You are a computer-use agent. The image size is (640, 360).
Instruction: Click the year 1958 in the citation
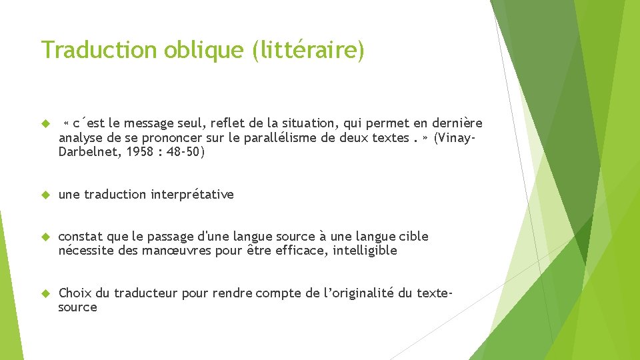coord(135,152)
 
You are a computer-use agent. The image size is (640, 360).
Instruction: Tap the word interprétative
coord(193,195)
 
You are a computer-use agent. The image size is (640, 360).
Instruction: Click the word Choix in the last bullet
coord(75,293)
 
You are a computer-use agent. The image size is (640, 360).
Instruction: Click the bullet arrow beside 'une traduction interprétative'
coord(45,195)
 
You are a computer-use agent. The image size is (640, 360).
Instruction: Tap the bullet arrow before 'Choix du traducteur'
coord(45,293)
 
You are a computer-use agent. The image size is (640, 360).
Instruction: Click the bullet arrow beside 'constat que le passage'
coord(45,237)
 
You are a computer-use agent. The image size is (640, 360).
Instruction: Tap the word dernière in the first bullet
coord(457,123)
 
